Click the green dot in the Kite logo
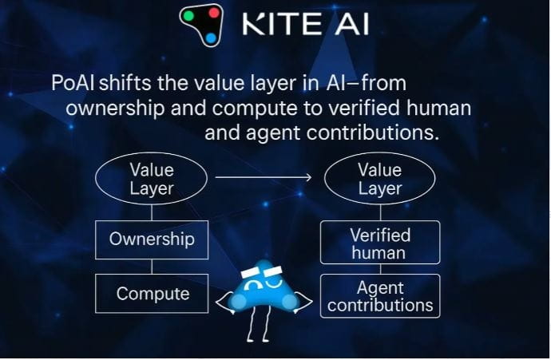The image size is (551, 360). tap(188, 16)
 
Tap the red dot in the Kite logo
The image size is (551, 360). tap(214, 13)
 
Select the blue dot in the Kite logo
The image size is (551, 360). tap(211, 38)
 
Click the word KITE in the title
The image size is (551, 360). tap(282, 23)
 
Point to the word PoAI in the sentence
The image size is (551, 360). tap(73, 83)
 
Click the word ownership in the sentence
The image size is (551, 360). tap(115, 109)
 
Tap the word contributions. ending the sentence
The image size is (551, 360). tap(372, 133)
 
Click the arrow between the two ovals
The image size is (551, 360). tap(264, 177)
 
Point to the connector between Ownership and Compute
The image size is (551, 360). tap(152, 267)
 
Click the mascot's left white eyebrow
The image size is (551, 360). tap(252, 271)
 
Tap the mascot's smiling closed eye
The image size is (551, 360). tap(274, 283)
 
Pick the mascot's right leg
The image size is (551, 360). tap(265, 324)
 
